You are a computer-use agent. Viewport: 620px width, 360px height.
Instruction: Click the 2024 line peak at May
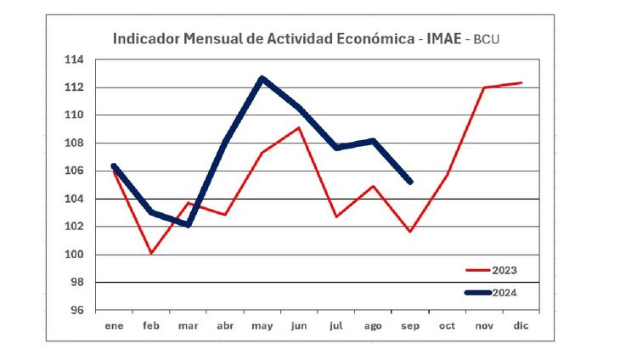point(262,78)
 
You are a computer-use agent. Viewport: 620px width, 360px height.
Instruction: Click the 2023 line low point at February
point(150,253)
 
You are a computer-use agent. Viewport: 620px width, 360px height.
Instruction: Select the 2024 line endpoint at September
point(411,182)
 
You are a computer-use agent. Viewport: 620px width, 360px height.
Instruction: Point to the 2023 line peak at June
point(299,127)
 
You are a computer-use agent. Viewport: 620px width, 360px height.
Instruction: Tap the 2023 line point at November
point(484,87)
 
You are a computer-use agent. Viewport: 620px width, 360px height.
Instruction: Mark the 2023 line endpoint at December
point(521,82)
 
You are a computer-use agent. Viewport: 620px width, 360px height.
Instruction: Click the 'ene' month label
point(113,326)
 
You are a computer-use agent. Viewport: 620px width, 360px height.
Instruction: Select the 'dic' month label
point(521,326)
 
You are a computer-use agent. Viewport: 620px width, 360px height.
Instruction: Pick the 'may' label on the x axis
point(262,326)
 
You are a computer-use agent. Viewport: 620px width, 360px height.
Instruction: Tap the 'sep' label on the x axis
point(410,326)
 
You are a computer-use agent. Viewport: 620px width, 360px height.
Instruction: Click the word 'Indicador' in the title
point(145,39)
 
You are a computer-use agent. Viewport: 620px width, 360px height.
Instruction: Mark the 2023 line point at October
point(448,174)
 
